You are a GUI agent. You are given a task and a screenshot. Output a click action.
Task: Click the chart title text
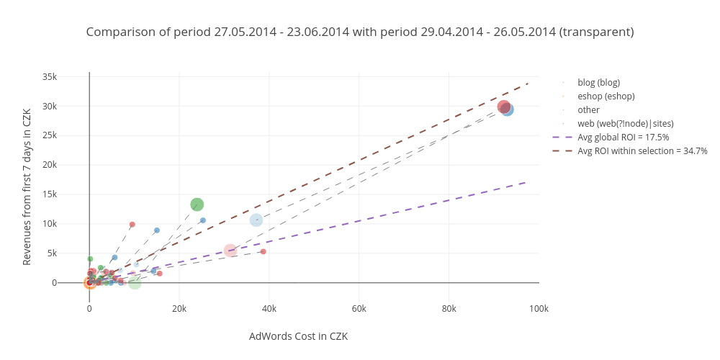360,32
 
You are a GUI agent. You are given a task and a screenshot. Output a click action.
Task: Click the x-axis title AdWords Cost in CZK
298,336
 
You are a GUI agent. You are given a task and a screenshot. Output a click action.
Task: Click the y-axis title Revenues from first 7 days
27,187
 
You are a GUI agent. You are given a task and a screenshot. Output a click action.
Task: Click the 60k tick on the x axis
359,308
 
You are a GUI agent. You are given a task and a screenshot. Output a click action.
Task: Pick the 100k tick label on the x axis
539,308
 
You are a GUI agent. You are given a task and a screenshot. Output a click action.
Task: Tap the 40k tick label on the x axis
269,308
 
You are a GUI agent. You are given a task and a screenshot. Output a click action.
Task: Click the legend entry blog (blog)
598,82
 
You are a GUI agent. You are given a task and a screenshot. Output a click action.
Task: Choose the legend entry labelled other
588,109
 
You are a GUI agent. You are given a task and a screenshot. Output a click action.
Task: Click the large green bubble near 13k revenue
197,204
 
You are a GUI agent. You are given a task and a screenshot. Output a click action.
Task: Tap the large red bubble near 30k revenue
504,107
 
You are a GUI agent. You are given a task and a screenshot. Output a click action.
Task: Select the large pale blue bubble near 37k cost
256,220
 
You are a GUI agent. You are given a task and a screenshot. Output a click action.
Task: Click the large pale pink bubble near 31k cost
230,251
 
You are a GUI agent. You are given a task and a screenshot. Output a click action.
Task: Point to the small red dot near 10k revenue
132,225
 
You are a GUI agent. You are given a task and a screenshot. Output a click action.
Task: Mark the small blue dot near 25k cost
202,220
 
